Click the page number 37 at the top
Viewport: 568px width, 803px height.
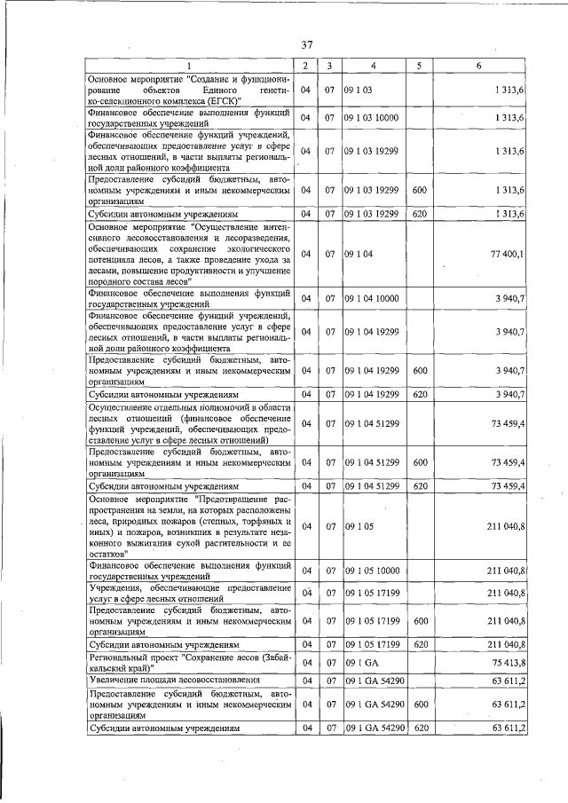[x=307, y=45]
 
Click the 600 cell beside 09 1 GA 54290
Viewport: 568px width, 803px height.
[x=421, y=704]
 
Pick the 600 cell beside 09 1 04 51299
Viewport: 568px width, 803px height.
[x=421, y=462]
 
